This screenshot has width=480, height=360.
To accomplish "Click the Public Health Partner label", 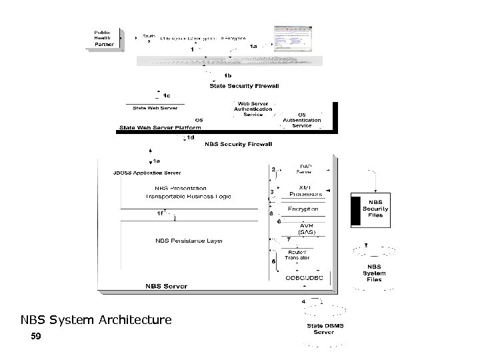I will point(105,39).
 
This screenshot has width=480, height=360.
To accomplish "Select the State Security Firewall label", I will point(241,85).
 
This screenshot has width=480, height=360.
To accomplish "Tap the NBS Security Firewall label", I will point(239,143).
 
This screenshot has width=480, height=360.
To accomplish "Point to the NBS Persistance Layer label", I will point(189,240).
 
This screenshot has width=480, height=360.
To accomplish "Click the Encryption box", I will point(303,209).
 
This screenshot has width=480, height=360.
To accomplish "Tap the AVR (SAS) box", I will point(306,229).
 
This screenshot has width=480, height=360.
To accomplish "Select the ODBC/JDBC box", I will point(305,277).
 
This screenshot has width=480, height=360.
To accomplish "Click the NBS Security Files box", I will point(375,209).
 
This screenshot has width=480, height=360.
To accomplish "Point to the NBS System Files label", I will point(374,273).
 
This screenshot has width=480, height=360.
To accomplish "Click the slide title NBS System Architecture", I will point(96,320).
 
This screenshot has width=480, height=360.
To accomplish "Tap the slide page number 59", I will point(36,337).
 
